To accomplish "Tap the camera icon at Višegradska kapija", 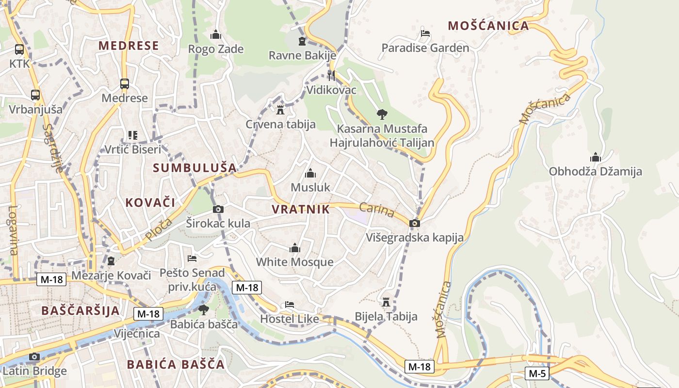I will pos(415,223).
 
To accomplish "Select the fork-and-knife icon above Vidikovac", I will pos(331,75).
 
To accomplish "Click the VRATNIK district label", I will pos(301,210).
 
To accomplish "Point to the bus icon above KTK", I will pos(19,49).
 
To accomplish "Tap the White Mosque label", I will pos(294,262).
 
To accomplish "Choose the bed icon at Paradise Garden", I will pos(425,33).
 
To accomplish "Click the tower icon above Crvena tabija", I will pos(280,110).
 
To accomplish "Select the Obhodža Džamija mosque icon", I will pos(595,157).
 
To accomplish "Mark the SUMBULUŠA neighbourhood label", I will pos(195,168).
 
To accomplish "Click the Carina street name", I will pos(377,210).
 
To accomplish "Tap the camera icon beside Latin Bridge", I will pos(34,357).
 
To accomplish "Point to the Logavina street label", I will pos(13,230).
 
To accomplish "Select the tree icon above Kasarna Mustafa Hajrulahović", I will pos(382,114).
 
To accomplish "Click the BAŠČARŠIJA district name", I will pos(81,310).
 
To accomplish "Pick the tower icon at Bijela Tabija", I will pos(386,302).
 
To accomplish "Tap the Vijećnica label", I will pos(137,334).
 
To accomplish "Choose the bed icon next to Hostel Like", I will pos(290,305).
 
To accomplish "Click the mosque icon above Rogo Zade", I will pos(216,34).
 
